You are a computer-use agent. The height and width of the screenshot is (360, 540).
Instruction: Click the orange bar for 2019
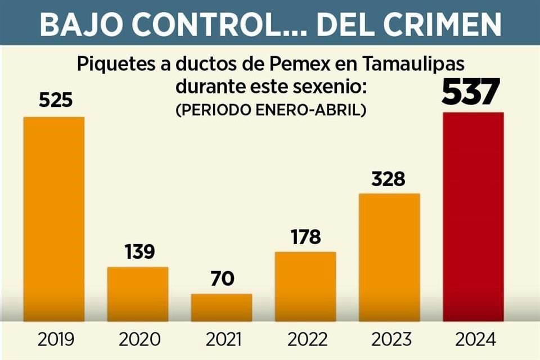click(53, 219)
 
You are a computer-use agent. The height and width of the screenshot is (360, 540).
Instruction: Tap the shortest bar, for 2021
click(221, 308)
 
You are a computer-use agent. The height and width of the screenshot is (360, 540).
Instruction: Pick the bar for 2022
click(305, 287)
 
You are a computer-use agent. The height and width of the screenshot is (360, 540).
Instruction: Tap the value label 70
click(221, 278)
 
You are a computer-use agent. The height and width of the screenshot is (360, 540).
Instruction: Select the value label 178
click(305, 236)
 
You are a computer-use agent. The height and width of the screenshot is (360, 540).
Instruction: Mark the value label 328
click(389, 179)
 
